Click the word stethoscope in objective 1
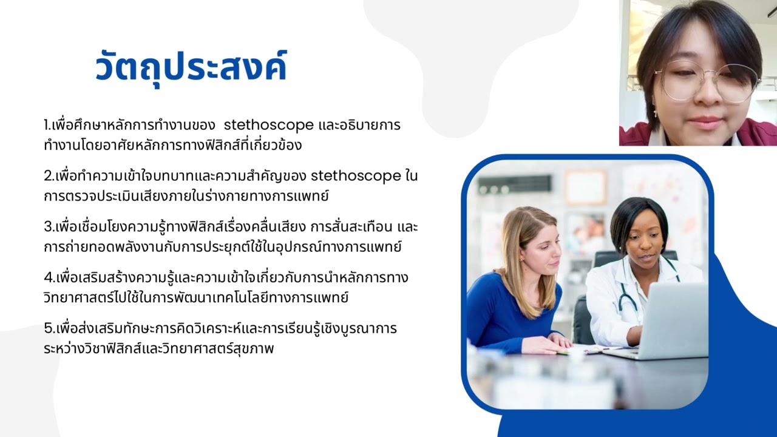tap(268, 126)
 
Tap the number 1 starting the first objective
tap(47, 126)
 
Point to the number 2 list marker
tap(48, 177)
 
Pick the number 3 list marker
tap(48, 227)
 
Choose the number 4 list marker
tap(49, 278)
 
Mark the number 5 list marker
tap(48, 329)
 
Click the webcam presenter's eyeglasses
tap(707, 81)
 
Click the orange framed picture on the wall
tap(585, 187)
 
